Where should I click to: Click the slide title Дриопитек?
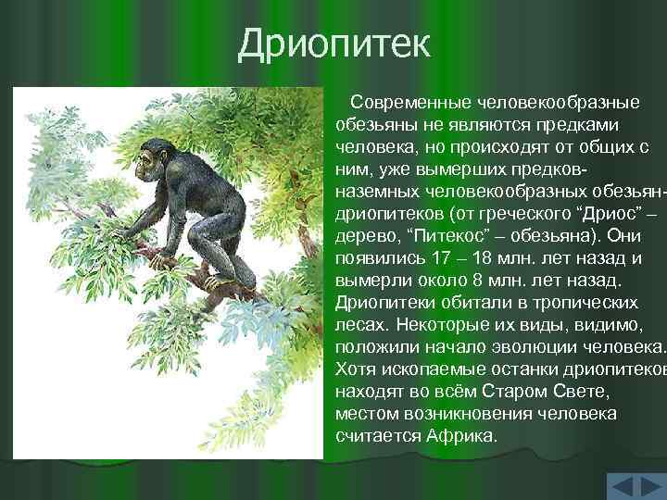(x=333, y=44)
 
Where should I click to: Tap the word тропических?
(x=581, y=302)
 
